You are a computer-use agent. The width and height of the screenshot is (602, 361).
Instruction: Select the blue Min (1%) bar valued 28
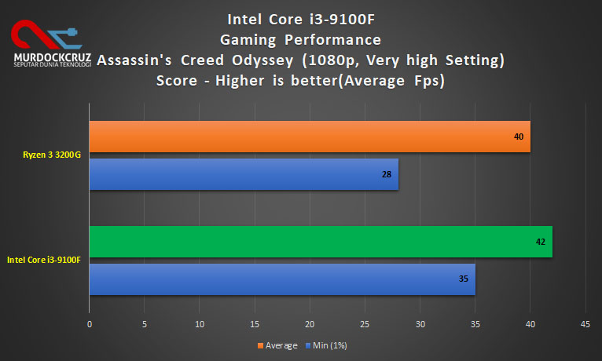pos(244,174)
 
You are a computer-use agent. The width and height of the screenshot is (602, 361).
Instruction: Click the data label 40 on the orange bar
pos(519,137)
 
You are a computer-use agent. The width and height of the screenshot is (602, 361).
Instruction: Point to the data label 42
pos(541,242)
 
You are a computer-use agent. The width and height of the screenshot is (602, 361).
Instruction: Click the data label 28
pos(387,174)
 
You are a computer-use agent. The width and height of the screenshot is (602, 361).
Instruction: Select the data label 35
pos(464,279)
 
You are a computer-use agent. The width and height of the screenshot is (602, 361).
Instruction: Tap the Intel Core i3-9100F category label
pos(44,260)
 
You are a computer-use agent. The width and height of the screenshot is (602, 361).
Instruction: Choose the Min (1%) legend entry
pos(328,345)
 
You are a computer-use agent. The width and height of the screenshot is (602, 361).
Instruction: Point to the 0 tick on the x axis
pos(90,323)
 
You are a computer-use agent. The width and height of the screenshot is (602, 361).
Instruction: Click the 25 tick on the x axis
pos(365,323)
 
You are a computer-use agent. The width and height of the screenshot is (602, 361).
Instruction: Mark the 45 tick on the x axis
pos(585,323)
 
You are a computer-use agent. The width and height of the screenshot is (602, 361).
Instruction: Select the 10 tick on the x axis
pos(200,323)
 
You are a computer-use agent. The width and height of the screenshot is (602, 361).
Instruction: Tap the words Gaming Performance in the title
pos(301,39)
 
